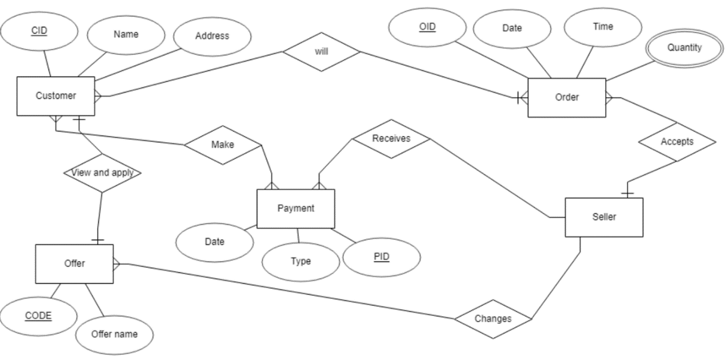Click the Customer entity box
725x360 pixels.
[55, 96]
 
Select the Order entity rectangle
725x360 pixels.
[566, 98]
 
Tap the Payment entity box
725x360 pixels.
[295, 209]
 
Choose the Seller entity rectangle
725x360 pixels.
[604, 217]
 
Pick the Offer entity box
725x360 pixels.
[74, 263]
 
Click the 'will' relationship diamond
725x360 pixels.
[322, 52]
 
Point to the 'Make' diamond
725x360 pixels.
[222, 145]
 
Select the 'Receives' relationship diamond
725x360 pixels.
[391, 139]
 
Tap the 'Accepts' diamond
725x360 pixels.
[676, 142]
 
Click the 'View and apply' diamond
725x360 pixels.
[102, 173]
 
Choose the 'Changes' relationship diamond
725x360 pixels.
[492, 319]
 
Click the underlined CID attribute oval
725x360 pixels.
[39, 31]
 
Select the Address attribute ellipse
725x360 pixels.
[212, 36]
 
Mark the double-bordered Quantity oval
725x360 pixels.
[684, 48]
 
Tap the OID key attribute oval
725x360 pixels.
[427, 27]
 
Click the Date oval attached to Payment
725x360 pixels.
[214, 242]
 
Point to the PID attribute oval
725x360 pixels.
[382, 257]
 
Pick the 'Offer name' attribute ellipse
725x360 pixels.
[114, 334]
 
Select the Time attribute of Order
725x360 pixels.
[603, 27]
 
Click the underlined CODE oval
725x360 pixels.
[38, 316]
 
